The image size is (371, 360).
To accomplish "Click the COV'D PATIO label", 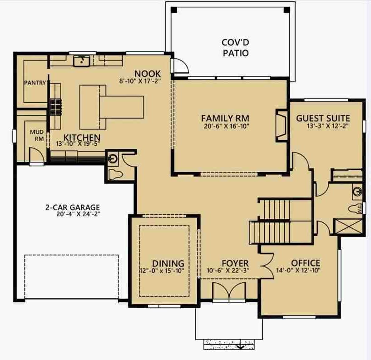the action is click(x=235, y=48).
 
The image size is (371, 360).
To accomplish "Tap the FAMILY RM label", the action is click(x=225, y=118).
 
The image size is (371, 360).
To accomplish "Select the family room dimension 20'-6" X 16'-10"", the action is click(x=227, y=126).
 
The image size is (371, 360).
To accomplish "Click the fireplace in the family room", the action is click(x=282, y=126).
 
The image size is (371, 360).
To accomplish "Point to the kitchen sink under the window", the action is click(x=81, y=61).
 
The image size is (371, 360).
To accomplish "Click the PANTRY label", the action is click(x=35, y=83).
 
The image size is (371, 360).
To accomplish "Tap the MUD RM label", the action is click(x=37, y=135).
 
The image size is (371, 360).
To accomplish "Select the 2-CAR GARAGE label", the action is click(x=72, y=207).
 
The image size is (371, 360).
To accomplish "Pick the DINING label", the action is click(x=168, y=263).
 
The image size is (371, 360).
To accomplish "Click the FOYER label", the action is click(x=235, y=263).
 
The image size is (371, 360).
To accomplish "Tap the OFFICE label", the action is click(x=306, y=263).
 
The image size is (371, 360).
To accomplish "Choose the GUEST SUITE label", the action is click(x=323, y=118).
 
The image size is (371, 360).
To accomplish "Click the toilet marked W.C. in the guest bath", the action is click(x=355, y=209).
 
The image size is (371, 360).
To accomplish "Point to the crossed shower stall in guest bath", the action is click(x=347, y=226).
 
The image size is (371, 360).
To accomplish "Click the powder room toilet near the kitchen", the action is click(x=115, y=175).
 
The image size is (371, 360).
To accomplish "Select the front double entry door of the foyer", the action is click(x=229, y=292).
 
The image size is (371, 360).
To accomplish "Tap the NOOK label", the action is click(x=148, y=74).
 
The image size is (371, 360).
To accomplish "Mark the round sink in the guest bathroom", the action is click(x=357, y=191).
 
